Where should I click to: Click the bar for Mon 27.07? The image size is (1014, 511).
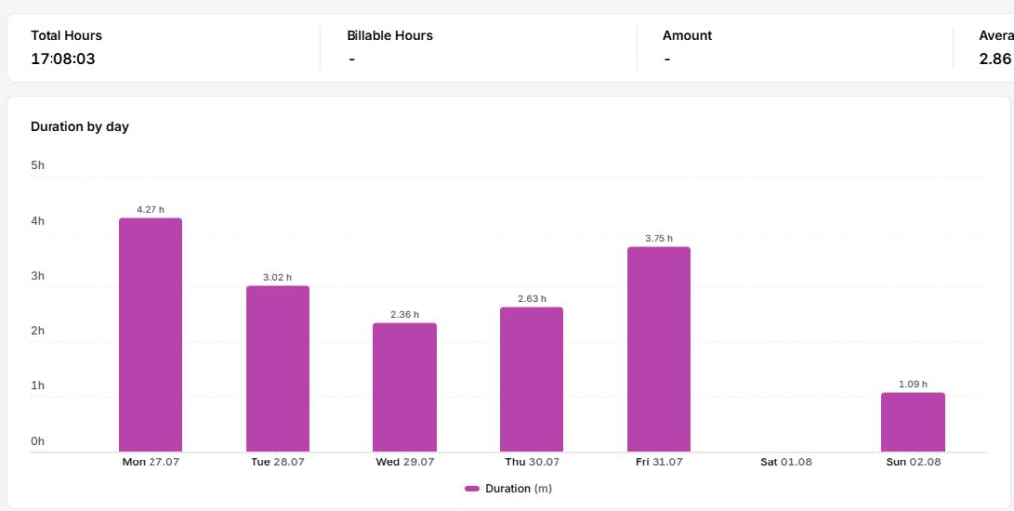click(x=151, y=335)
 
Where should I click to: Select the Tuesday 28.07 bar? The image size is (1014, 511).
click(x=277, y=368)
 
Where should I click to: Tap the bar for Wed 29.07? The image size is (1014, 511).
click(x=404, y=387)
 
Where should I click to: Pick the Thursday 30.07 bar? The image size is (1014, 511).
click(x=532, y=379)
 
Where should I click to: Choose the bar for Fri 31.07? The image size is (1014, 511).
click(x=659, y=349)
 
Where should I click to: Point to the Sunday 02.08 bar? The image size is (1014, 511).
click(x=913, y=422)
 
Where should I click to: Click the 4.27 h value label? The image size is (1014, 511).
click(x=151, y=210)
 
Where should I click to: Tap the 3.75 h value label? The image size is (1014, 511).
click(x=659, y=238)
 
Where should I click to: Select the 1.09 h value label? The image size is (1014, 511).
click(x=913, y=384)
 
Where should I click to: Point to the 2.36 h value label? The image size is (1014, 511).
click(x=405, y=314)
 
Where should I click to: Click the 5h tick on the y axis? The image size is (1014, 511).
click(x=38, y=165)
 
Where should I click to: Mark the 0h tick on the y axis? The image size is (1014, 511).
click(x=38, y=441)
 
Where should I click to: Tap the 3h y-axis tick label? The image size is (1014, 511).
click(x=38, y=276)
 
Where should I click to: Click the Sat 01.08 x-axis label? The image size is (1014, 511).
click(x=786, y=462)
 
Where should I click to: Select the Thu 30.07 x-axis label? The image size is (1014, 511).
click(x=532, y=462)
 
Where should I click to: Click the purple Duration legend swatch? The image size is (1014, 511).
click(x=472, y=489)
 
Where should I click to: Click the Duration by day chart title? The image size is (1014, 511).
click(x=79, y=127)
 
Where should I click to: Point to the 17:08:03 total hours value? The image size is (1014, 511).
click(x=62, y=59)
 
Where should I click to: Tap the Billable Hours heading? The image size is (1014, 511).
click(x=389, y=36)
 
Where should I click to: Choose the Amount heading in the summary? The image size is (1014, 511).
click(x=687, y=36)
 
